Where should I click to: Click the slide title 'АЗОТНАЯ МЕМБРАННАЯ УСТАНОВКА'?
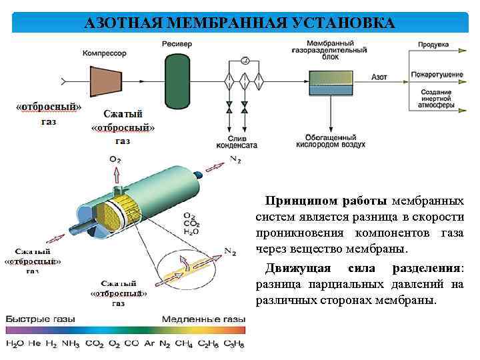click(x=240, y=23)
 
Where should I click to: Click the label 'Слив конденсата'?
click(x=235, y=142)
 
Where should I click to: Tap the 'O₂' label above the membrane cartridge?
click(x=116, y=159)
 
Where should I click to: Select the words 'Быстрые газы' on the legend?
click(x=40, y=319)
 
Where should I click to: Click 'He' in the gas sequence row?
click(x=35, y=343)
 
